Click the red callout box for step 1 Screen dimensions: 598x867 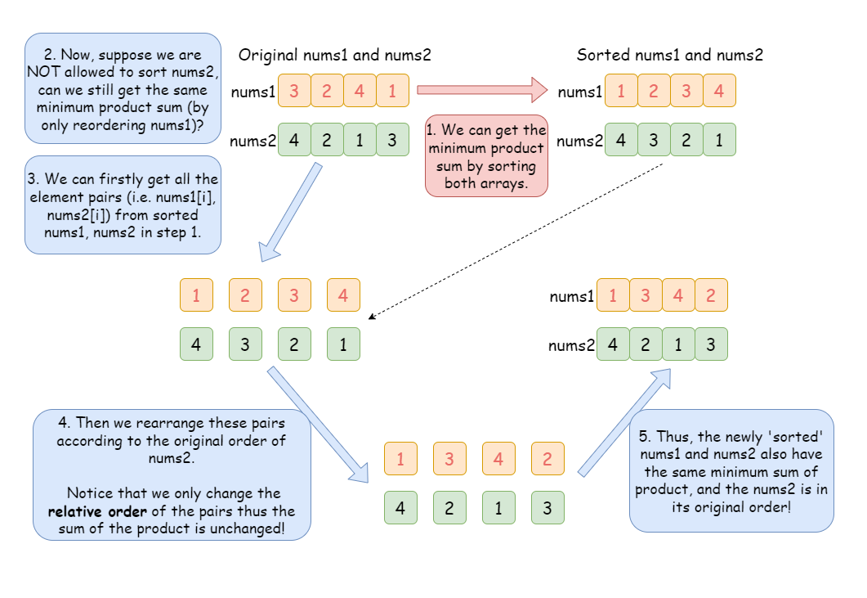[x=486, y=155]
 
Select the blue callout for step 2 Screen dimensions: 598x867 [x=123, y=90]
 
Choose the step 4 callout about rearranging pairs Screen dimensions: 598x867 [x=172, y=474]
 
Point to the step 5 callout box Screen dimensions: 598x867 [x=731, y=470]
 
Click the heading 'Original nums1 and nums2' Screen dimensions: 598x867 [x=334, y=56]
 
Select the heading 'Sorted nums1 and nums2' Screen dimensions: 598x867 [x=669, y=56]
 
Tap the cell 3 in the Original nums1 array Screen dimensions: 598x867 [x=294, y=91]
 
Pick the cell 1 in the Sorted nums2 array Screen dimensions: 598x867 [x=719, y=140]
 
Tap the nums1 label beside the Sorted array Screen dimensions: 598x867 [x=579, y=92]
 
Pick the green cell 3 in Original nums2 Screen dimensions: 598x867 [x=392, y=140]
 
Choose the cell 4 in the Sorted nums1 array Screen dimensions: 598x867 [x=719, y=91]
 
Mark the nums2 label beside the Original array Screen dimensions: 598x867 [x=253, y=141]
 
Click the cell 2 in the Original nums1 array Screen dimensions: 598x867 [x=327, y=91]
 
